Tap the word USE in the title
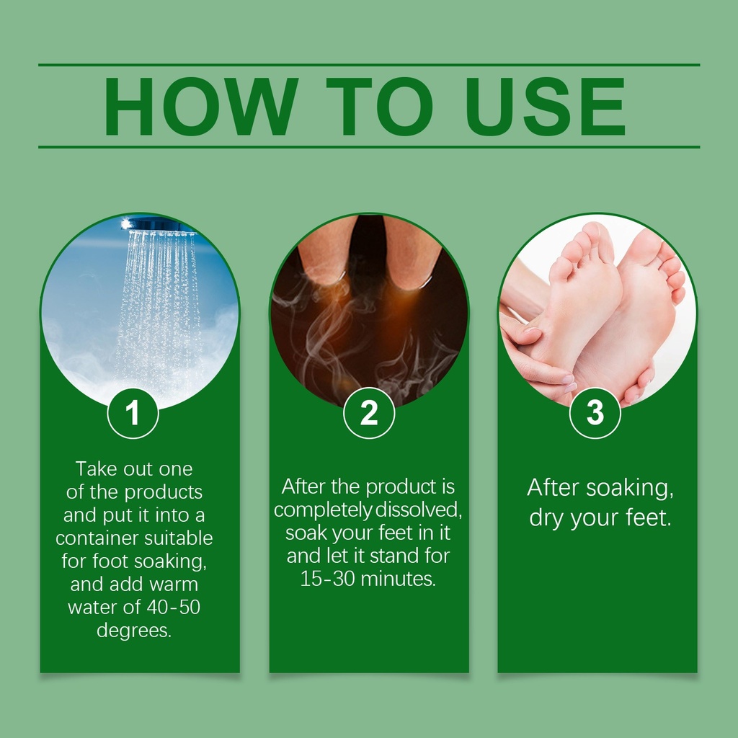546,107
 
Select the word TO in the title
379,107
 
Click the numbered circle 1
133,413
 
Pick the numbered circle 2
369,413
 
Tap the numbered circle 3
595,413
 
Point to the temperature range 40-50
173,607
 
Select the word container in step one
97,538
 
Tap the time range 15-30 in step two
327,579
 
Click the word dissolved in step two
419,510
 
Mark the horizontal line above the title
369,65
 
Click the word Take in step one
96,468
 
